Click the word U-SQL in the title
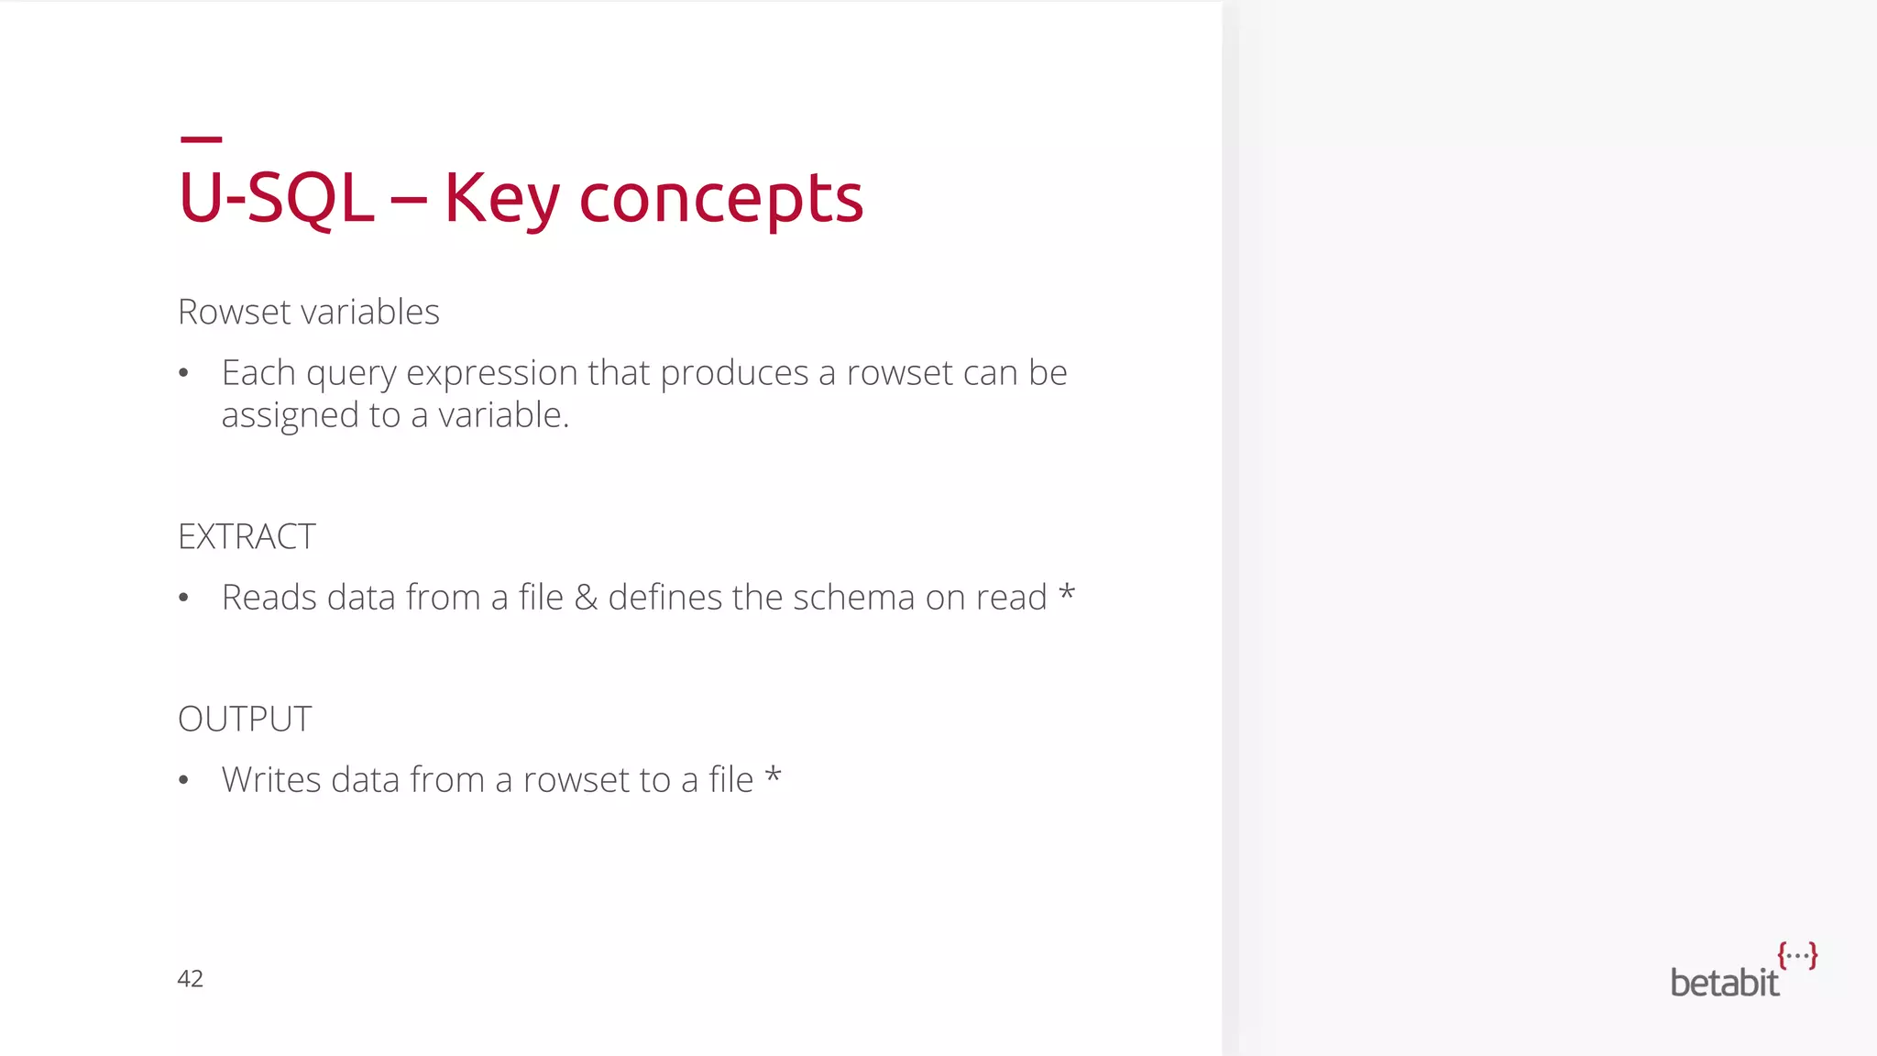[276, 198]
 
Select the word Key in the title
[501, 198]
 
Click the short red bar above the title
[202, 139]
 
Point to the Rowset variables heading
[308, 313]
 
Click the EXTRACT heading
[247, 537]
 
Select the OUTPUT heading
[245, 720]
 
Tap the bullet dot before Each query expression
[184, 374]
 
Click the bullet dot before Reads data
[184, 599]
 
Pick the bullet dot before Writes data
[184, 781]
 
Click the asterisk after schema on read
[1066, 593]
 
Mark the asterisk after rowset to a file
[773, 775]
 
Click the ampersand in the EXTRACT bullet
[586, 598]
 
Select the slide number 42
[190, 979]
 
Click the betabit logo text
[1724, 984]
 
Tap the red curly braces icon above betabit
[1797, 955]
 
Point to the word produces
[734, 374]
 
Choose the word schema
[853, 598]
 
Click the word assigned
[290, 416]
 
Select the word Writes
[271, 780]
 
